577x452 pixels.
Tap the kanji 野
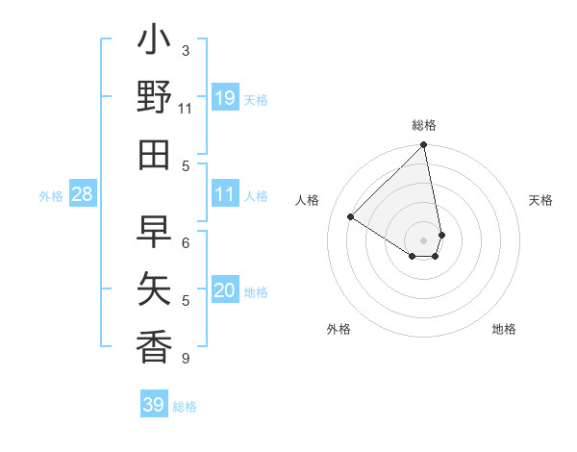click(154, 99)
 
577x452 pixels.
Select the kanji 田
click(154, 154)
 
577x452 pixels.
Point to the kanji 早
click(154, 232)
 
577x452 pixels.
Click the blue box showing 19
click(225, 98)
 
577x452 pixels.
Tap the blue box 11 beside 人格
click(225, 195)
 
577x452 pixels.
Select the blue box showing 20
click(225, 291)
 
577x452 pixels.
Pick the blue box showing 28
click(82, 195)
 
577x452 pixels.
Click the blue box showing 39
click(154, 405)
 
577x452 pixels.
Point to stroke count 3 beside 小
click(186, 50)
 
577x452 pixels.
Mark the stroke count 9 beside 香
click(186, 359)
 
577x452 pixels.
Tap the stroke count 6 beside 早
click(186, 242)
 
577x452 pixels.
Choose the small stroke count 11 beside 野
click(186, 108)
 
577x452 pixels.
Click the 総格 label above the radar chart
click(424, 125)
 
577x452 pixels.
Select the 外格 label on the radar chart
click(339, 329)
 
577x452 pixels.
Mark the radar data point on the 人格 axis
click(351, 217)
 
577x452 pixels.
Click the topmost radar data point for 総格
click(424, 146)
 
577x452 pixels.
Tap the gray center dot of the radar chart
click(424, 239)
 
